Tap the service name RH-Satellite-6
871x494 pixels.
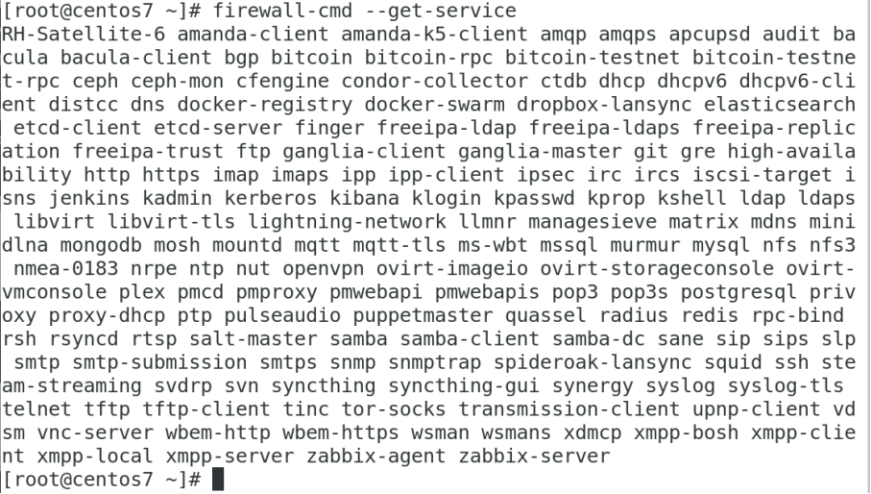pyautogui.click(x=70, y=34)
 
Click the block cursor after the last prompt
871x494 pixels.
pyautogui.click(x=217, y=480)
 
